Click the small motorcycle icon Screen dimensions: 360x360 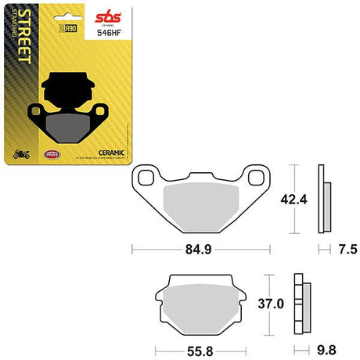pos(21,153)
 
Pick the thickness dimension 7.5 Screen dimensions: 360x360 pos(348,250)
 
